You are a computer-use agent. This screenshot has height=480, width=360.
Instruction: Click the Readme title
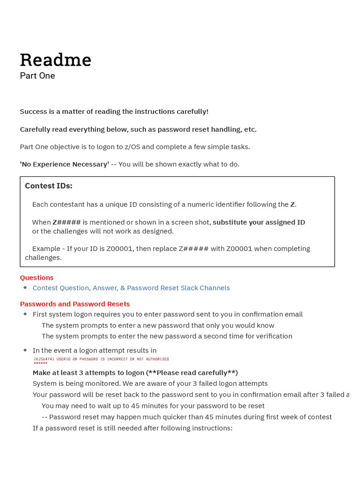55,60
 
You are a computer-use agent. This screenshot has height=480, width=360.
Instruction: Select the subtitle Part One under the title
37,75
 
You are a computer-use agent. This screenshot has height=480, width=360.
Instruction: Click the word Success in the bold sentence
34,112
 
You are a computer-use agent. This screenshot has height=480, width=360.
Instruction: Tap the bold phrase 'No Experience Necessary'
64,164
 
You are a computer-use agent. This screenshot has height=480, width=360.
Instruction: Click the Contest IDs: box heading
48,186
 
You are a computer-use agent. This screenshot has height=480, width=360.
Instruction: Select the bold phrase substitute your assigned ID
259,222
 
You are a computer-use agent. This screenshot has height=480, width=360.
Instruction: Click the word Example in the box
45,248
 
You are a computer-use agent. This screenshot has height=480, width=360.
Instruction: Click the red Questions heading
37,277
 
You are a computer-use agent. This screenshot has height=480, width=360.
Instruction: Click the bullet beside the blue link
25,288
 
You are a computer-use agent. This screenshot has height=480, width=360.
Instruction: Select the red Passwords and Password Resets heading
75,304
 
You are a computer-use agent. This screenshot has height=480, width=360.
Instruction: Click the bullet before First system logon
25,314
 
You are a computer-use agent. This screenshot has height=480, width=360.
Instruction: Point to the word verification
271,336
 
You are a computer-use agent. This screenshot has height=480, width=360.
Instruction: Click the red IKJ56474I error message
101,359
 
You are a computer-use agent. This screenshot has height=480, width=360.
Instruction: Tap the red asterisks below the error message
40,364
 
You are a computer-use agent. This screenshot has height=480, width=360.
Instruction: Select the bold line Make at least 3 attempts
135,373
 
